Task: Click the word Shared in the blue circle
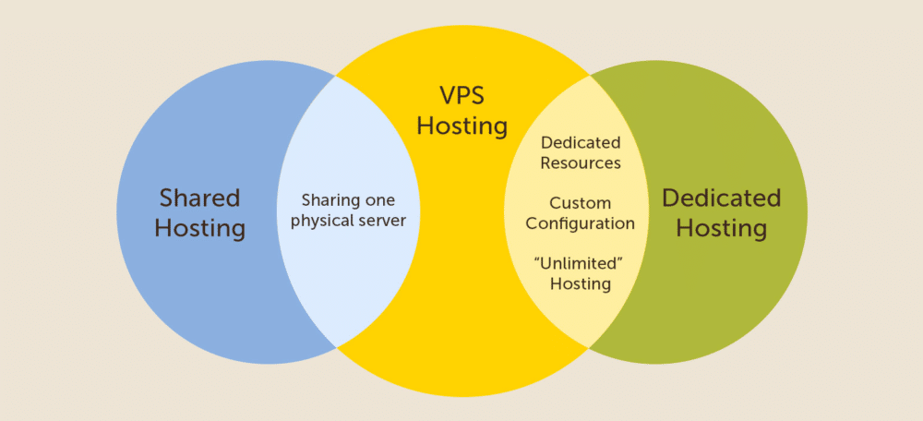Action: pyautogui.click(x=200, y=198)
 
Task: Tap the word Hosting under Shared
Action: pyautogui.click(x=200, y=228)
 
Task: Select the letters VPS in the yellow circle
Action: pyautogui.click(x=462, y=95)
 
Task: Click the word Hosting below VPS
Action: pyautogui.click(x=462, y=126)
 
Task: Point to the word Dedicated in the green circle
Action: pyautogui.click(x=722, y=198)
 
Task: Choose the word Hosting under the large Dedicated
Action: pyautogui.click(x=722, y=228)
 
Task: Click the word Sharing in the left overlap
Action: pyautogui.click(x=325, y=200)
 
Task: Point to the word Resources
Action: pyautogui.click(x=581, y=163)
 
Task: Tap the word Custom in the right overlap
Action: pyautogui.click(x=581, y=203)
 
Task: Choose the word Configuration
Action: pyautogui.click(x=581, y=224)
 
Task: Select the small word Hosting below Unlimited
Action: pyautogui.click(x=581, y=283)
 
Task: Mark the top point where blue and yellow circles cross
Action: pyautogui.click(x=336, y=76)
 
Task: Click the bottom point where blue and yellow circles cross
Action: pyautogui.click(x=336, y=347)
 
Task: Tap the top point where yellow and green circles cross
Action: pyautogui.click(x=589, y=76)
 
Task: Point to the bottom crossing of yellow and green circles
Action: pyautogui.click(x=589, y=347)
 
